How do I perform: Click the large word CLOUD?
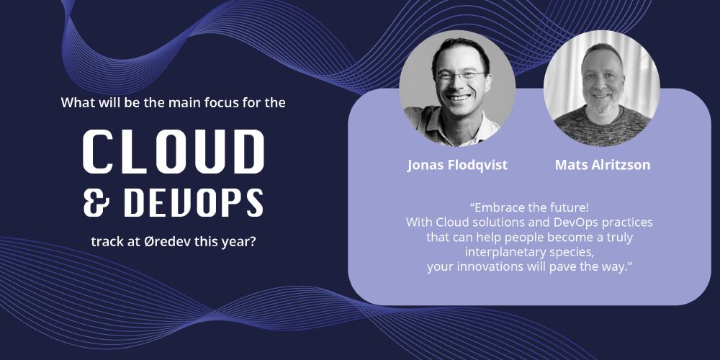(174, 151)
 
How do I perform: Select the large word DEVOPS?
(193, 202)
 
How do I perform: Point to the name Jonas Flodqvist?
(457, 165)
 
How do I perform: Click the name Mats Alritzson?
(603, 165)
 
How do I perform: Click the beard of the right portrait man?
(602, 104)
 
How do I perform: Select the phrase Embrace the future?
(529, 207)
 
